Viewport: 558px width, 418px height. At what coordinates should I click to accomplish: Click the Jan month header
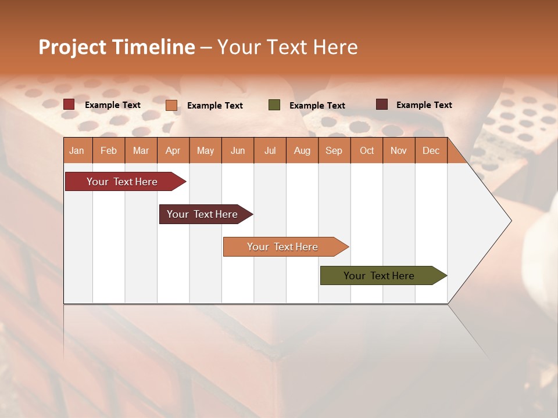tap(77, 150)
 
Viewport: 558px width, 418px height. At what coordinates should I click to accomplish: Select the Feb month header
tap(109, 150)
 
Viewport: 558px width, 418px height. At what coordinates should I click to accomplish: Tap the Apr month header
tap(173, 150)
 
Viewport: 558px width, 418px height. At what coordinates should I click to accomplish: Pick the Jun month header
tap(238, 150)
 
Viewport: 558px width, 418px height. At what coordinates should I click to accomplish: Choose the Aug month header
tap(302, 150)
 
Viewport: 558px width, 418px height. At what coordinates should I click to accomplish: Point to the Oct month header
tap(367, 150)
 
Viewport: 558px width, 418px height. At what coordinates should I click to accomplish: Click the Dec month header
tap(431, 150)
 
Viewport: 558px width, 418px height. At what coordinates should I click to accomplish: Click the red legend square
tap(69, 105)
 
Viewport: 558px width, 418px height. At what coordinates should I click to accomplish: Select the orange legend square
tap(171, 105)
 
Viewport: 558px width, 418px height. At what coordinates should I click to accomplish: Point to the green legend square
tap(274, 105)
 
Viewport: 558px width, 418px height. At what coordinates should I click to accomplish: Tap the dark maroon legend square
tap(381, 105)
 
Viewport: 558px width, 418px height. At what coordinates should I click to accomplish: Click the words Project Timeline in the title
tap(116, 47)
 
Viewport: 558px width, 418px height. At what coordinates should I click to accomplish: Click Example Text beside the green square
tap(317, 106)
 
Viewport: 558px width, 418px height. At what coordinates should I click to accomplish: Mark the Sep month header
tap(334, 150)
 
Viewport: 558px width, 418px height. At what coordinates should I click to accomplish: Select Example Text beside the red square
tap(112, 105)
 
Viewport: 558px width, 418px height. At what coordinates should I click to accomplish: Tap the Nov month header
tap(399, 150)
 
